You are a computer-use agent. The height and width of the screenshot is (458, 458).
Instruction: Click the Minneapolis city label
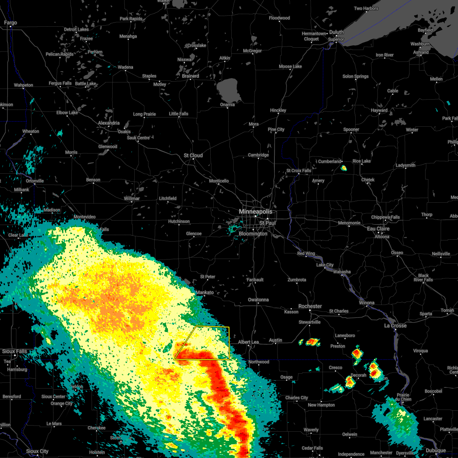(x=255, y=211)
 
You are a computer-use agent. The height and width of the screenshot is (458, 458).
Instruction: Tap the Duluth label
(x=336, y=32)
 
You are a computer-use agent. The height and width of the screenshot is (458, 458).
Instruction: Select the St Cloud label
(x=193, y=155)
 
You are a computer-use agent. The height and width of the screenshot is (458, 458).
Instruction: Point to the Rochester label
(x=310, y=306)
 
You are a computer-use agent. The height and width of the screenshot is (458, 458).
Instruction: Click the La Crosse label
(x=395, y=326)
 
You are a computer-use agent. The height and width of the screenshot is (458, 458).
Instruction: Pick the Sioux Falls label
(x=15, y=351)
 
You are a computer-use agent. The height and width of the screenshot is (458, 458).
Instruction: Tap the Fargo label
(x=10, y=23)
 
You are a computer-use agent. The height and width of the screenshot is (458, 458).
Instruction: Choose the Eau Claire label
(x=378, y=229)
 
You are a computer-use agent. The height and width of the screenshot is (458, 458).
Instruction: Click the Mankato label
(x=205, y=292)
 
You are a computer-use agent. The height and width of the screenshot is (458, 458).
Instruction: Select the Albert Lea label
(x=248, y=342)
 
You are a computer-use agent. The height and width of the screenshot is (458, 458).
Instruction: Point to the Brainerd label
(x=190, y=76)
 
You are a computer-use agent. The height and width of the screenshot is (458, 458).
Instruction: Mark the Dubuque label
(x=435, y=450)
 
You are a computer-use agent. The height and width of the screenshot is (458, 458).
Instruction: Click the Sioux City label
(x=37, y=451)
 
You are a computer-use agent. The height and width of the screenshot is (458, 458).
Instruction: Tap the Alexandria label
(x=109, y=123)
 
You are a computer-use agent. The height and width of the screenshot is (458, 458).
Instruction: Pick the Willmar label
(x=132, y=198)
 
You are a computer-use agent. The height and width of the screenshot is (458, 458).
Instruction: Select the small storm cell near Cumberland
(x=343, y=168)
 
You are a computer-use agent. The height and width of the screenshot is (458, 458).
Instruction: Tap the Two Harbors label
(x=366, y=8)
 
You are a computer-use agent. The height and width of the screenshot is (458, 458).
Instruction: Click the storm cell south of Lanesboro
(x=356, y=353)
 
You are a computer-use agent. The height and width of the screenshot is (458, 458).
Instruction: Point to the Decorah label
(x=358, y=375)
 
